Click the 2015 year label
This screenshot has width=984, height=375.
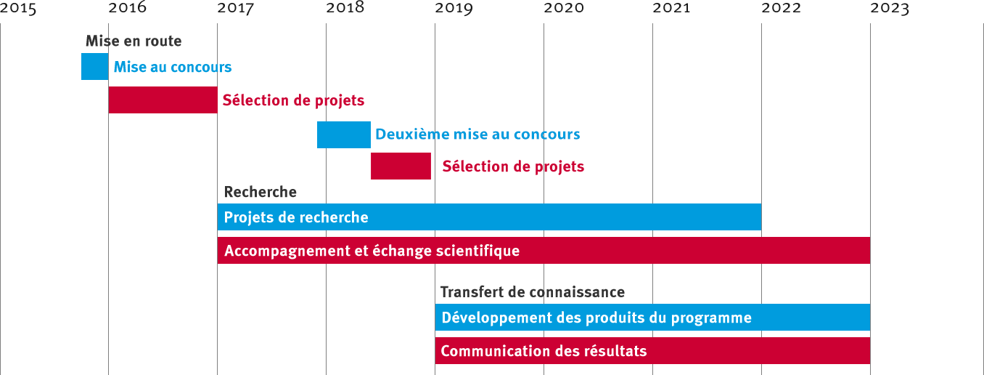(x=19, y=9)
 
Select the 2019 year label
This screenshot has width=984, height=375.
(x=454, y=9)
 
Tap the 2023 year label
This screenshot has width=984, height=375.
(x=890, y=9)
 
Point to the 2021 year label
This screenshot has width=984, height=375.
(x=672, y=9)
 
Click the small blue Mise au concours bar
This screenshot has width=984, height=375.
(x=94, y=67)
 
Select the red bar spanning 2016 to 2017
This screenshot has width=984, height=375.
(x=163, y=100)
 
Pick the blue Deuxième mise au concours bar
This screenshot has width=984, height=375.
(x=343, y=134)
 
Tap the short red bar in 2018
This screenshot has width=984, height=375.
(x=401, y=166)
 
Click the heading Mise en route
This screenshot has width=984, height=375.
(x=134, y=41)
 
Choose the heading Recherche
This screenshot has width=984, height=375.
(x=260, y=193)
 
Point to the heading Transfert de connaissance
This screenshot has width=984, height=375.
(x=532, y=292)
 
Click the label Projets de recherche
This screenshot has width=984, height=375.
(x=296, y=217)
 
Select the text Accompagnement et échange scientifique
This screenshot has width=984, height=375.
(x=372, y=251)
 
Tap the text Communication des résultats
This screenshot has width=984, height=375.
(x=544, y=352)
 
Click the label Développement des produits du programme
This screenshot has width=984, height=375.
(x=596, y=318)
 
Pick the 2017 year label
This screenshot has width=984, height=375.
(x=236, y=9)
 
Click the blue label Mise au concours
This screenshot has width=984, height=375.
(x=173, y=68)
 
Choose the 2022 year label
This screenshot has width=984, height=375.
(x=781, y=9)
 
